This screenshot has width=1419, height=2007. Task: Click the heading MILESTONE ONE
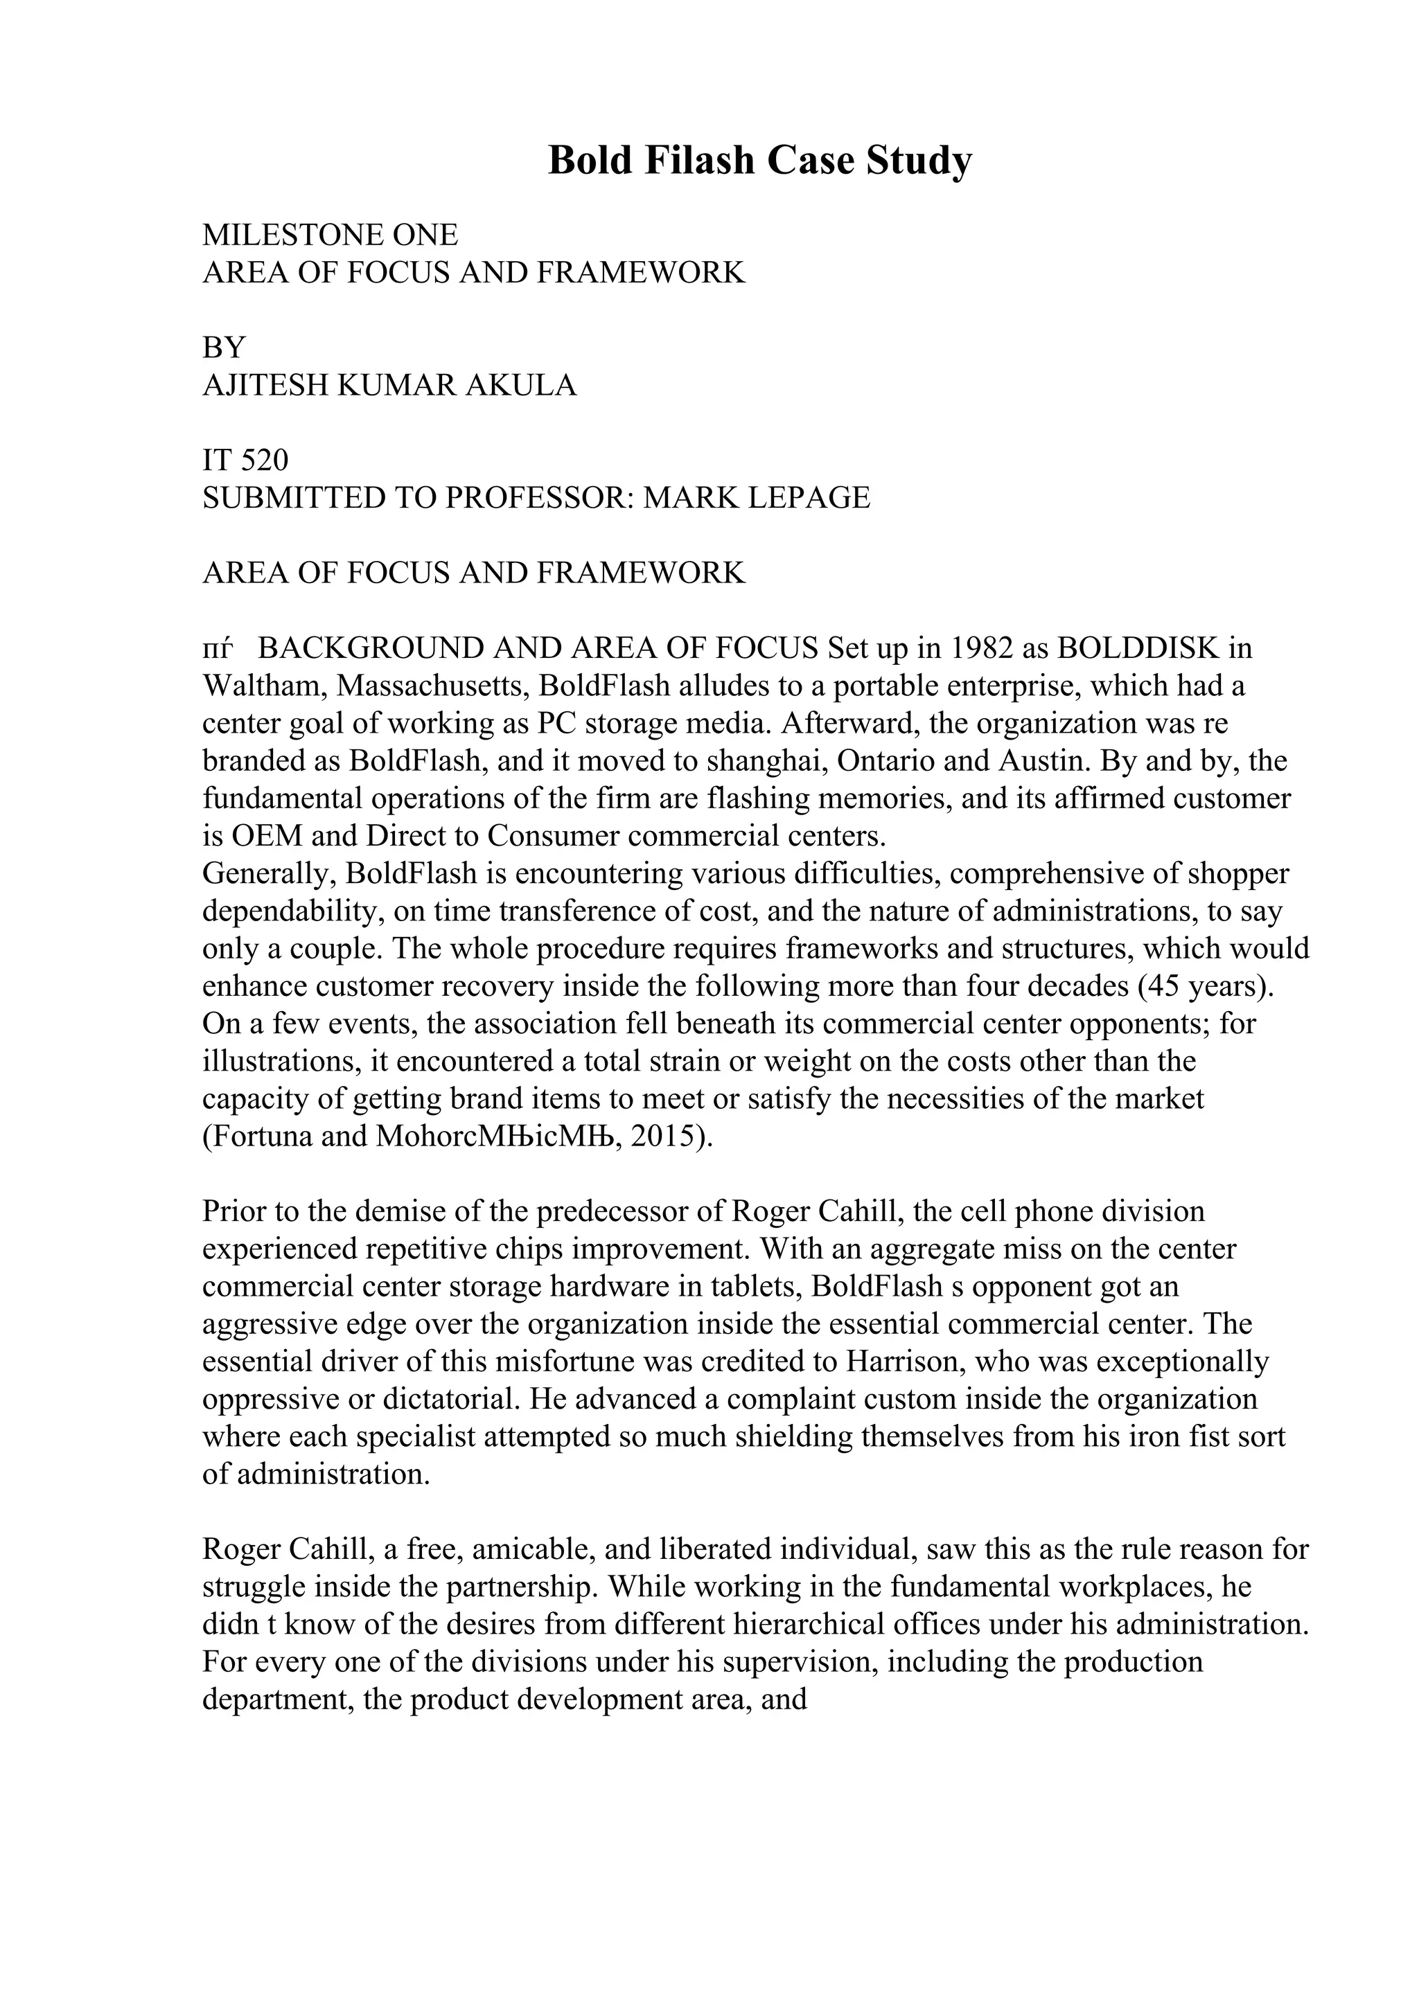coord(330,235)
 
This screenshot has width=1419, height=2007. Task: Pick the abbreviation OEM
coord(267,837)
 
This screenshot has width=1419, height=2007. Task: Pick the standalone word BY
coord(224,348)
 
